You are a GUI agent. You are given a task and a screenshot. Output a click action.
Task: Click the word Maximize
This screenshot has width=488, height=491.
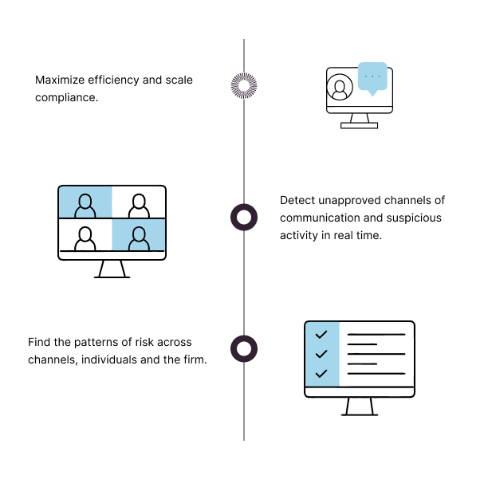(x=60, y=81)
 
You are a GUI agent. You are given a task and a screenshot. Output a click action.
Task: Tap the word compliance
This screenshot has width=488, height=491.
(x=66, y=98)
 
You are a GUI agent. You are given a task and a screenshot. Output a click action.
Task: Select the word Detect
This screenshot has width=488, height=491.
(x=297, y=200)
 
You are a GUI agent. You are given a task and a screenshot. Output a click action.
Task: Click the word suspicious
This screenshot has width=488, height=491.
(x=414, y=218)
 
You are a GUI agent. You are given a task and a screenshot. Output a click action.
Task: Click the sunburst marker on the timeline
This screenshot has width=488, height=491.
(x=244, y=85)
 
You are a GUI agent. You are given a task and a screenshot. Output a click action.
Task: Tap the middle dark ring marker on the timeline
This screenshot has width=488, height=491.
(x=244, y=217)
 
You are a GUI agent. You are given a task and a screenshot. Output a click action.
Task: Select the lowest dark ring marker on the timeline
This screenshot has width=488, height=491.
(x=244, y=348)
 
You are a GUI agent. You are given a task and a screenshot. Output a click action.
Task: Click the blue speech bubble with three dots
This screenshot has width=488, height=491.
(x=372, y=78)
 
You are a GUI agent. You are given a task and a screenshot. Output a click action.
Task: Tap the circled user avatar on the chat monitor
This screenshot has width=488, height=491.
(x=340, y=87)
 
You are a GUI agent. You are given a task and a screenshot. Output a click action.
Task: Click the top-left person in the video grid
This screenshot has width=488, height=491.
(x=85, y=206)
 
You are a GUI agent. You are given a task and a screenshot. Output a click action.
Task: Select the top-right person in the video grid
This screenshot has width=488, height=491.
(x=139, y=206)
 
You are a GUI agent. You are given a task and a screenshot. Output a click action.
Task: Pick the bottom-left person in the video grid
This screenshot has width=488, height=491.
(x=85, y=238)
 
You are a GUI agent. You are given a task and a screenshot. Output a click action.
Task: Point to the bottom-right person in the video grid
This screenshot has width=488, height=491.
(x=139, y=238)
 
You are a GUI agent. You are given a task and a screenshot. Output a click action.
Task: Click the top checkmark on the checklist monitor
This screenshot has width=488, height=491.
(x=321, y=335)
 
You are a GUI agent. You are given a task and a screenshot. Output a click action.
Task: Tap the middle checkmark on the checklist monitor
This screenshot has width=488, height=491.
(x=321, y=354)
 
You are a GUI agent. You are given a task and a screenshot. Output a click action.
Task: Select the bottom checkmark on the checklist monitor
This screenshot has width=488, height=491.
(x=321, y=373)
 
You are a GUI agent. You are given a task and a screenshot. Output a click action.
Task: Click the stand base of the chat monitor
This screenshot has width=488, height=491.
(x=360, y=126)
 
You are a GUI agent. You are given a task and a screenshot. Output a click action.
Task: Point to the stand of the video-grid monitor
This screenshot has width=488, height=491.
(x=112, y=269)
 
